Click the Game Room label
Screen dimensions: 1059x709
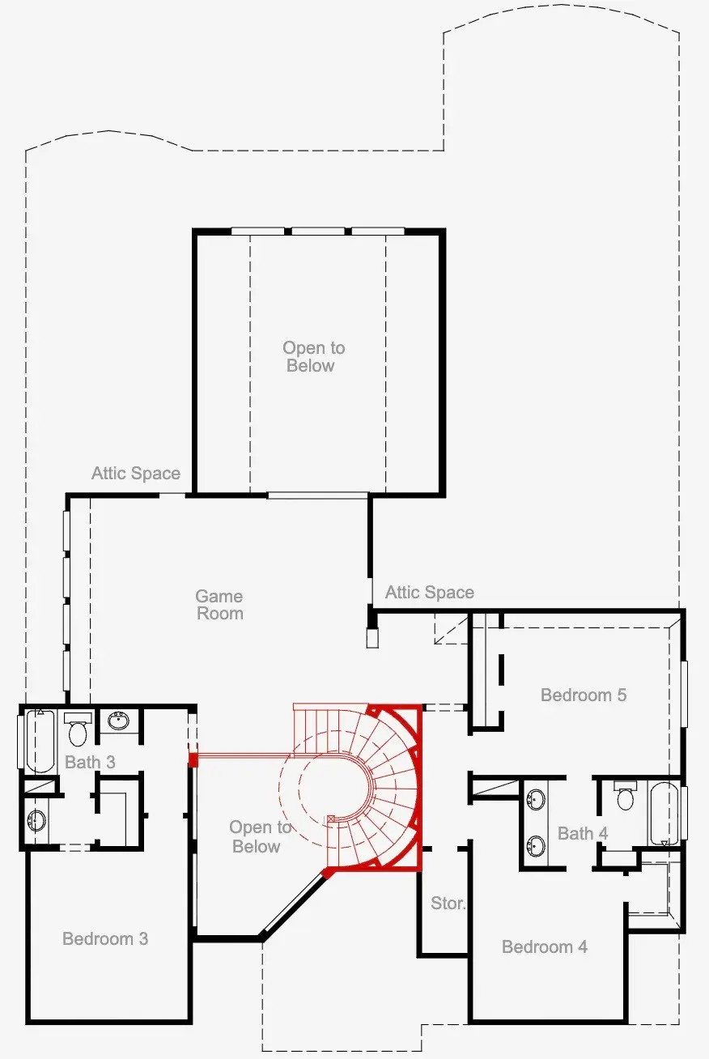[219, 605]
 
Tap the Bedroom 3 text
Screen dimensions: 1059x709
[105, 938]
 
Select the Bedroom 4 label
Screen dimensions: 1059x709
[545, 946]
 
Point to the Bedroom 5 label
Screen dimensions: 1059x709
[584, 695]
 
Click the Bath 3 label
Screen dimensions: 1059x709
[90, 762]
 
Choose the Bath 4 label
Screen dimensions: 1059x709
[583, 833]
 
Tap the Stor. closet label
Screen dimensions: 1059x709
[448, 903]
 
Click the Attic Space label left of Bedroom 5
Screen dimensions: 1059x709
[430, 593]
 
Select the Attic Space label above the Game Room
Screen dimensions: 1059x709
[136, 473]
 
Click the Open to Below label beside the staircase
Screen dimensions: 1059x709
[260, 836]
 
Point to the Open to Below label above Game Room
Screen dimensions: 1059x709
[313, 357]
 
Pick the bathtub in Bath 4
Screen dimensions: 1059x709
[662, 813]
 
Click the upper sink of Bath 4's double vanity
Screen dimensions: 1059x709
[535, 801]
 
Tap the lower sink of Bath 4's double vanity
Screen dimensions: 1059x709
[535, 846]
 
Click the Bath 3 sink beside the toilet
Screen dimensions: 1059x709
[119, 721]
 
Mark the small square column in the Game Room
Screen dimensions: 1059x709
[372, 639]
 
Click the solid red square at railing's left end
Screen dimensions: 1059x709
[193, 759]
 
